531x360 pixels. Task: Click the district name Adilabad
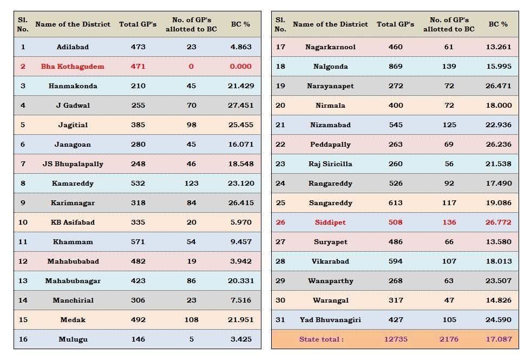click(73, 47)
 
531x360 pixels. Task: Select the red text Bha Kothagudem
click(73, 67)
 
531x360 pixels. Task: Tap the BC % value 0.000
click(240, 67)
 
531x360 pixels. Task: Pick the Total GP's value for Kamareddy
click(138, 184)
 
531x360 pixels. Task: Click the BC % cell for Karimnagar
click(240, 203)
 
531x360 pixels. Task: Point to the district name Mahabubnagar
click(73, 281)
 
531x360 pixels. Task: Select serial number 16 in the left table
click(23, 339)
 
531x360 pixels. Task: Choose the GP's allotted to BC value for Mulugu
click(191, 339)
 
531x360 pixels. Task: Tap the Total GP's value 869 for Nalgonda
click(395, 67)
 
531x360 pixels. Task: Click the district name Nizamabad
click(330, 125)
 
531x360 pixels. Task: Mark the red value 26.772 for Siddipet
click(498, 222)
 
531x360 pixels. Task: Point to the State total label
click(321, 339)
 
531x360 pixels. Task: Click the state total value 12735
click(395, 339)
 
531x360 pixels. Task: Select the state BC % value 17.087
click(498, 339)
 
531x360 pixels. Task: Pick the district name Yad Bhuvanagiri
click(330, 320)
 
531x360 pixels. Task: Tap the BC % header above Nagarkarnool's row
click(498, 24)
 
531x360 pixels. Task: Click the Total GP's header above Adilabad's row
click(138, 24)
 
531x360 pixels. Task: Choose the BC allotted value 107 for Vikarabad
click(449, 261)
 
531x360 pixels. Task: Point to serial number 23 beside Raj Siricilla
click(280, 164)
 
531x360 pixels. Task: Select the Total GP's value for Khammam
click(138, 242)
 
